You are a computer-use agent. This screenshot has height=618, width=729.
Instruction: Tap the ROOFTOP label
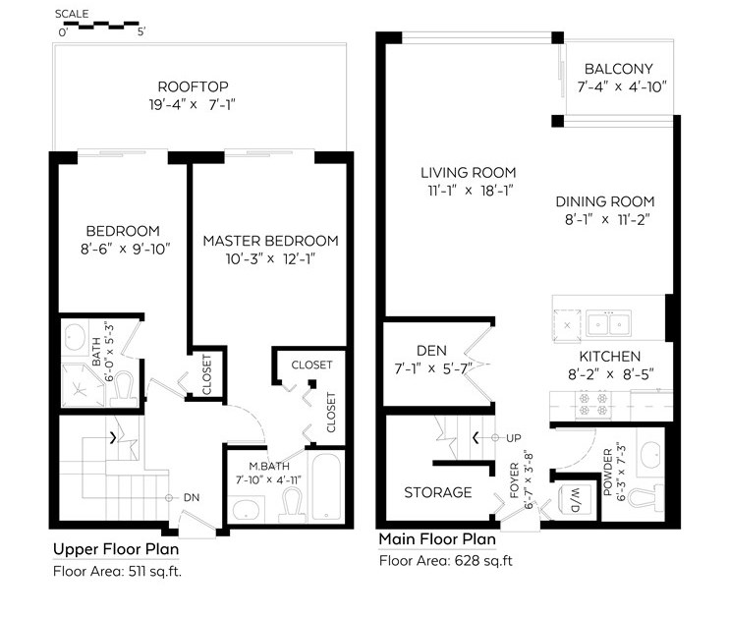pos(193,86)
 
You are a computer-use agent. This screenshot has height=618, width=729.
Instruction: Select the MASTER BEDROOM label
pos(270,241)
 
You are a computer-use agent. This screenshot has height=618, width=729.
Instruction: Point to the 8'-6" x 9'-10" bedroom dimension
pos(126,250)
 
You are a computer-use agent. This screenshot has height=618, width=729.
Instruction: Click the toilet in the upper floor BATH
pos(125,390)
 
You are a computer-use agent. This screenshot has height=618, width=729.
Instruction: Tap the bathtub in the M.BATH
pos(326,487)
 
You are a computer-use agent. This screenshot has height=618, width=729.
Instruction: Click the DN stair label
pos(192,497)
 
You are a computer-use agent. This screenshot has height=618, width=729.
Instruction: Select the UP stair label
pos(513,438)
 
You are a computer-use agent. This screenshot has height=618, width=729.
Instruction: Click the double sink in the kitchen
pos(608,323)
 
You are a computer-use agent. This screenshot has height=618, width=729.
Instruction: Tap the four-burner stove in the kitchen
pos(593,405)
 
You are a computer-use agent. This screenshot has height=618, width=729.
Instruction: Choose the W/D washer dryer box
pos(575,500)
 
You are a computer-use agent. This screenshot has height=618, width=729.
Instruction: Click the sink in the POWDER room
pos(650,453)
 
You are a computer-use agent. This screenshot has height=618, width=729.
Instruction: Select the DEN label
pos(432,351)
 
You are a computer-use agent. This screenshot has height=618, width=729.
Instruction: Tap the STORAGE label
pos(438,492)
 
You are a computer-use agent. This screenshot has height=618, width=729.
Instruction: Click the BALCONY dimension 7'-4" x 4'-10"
pos(622,87)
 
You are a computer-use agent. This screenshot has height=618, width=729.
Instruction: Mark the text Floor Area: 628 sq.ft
pos(445,561)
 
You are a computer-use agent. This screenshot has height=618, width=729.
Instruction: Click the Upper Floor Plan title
pos(116,549)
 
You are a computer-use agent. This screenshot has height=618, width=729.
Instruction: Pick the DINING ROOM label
pos(605,201)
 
